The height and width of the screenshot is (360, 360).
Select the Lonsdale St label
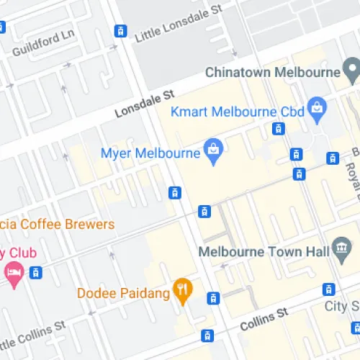click(x=145, y=104)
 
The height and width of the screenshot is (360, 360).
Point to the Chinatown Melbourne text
click(x=271, y=72)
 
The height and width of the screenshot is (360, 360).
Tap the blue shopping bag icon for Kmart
click(x=315, y=109)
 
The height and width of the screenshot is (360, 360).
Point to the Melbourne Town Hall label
click(x=263, y=253)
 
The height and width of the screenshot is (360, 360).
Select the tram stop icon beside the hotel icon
click(x=35, y=272)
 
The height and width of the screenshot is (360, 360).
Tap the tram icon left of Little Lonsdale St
click(x=120, y=31)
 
